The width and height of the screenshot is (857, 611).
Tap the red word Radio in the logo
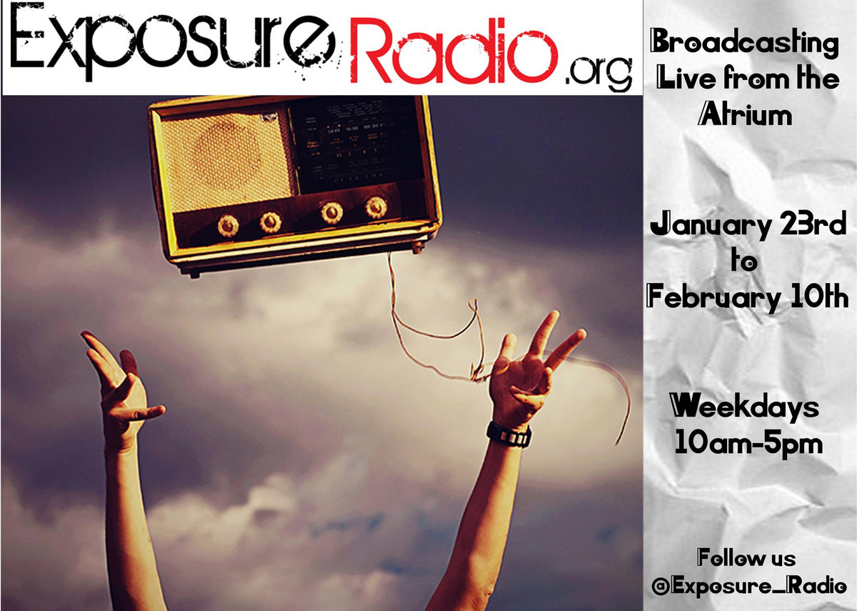[x=453, y=50]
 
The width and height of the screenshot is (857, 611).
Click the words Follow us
[x=746, y=557]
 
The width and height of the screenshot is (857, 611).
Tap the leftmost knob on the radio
[x=228, y=226]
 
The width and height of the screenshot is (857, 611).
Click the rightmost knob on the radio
[x=376, y=207]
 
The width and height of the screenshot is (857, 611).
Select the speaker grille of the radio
[x=226, y=161]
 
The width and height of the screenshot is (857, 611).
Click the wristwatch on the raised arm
[x=508, y=434]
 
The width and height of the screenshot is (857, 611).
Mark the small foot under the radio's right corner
[x=418, y=248]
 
